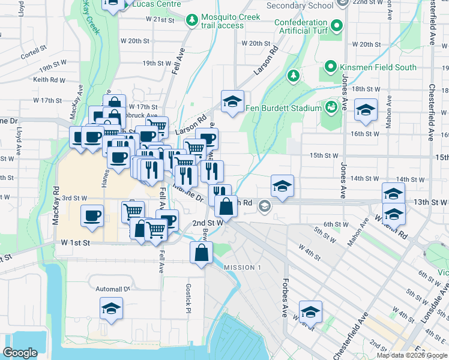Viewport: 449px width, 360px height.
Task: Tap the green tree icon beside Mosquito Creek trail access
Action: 192,21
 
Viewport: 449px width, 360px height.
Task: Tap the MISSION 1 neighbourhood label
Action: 243,267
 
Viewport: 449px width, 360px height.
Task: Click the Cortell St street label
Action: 33,52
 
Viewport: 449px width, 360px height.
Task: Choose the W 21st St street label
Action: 159,20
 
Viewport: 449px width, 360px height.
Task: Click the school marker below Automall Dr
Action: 110,309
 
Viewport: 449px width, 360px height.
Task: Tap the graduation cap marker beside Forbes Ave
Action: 310,312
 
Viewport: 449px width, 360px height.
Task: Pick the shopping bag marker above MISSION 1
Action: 201,253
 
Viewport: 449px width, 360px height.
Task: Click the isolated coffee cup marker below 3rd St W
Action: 92,216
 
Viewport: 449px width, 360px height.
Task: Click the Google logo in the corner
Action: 20,353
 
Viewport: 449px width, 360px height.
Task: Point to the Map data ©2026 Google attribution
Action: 412,355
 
